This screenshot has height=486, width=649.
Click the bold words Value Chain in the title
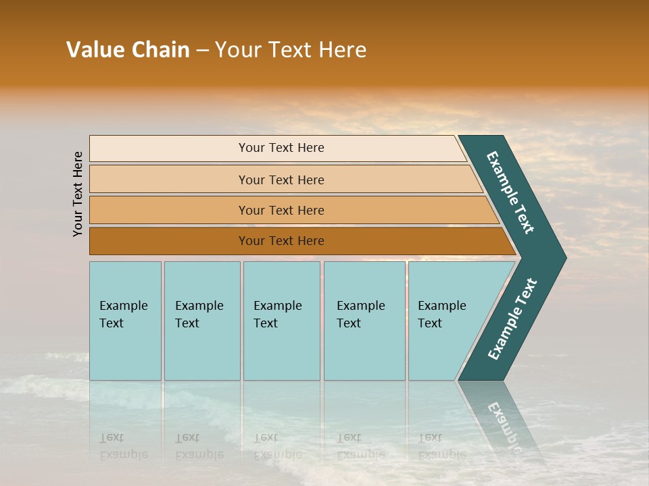pos(128,49)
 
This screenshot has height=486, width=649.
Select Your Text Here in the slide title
pos(291,49)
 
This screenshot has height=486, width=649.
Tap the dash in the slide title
pos(202,50)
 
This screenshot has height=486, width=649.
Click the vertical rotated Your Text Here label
pos(78,194)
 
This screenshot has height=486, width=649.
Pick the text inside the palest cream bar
pos(281,148)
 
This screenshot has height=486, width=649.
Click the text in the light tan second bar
pos(281,180)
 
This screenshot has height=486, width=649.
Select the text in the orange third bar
pos(281,210)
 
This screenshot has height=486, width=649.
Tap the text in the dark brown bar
pos(281,241)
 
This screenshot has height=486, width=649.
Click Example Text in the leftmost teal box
pos(123,314)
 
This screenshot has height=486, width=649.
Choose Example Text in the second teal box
pos(199,314)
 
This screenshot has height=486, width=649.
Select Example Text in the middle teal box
pos(277,314)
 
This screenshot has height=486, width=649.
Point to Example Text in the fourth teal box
pos(360,314)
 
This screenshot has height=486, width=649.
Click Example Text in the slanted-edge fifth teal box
pos(441,314)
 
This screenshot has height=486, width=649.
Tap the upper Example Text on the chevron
pos(510,192)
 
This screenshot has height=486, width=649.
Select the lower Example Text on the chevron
pos(512,319)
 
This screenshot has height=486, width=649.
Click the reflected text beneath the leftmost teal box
pos(123,446)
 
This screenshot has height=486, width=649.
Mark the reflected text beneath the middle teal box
pos(277,446)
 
